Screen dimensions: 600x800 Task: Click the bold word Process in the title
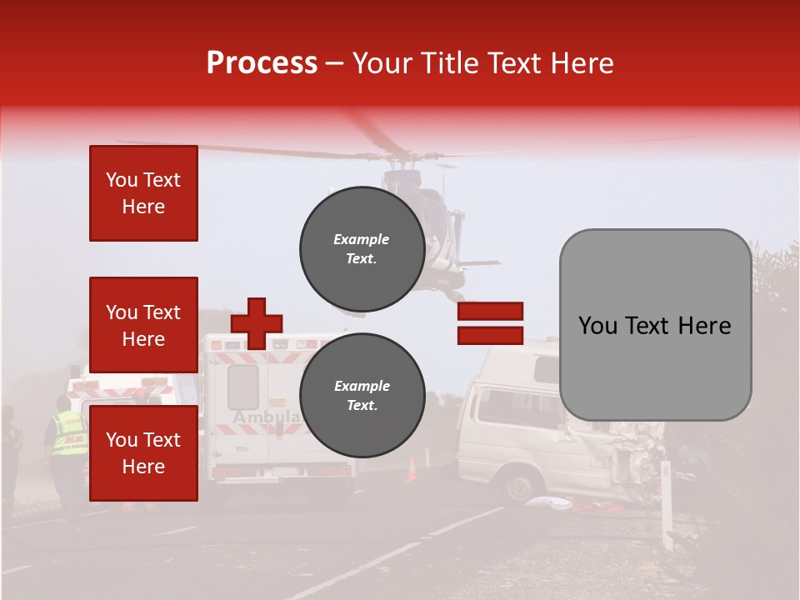click(x=262, y=63)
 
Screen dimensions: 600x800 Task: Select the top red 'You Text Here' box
click(x=143, y=193)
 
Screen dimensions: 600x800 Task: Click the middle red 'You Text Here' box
click(x=143, y=325)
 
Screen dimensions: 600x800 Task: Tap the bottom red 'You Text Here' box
click(x=143, y=453)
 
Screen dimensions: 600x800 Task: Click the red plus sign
click(x=257, y=323)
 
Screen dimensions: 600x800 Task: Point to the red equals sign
click(x=490, y=323)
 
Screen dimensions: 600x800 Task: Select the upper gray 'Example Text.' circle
click(x=362, y=248)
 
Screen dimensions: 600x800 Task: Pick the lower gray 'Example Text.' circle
click(x=362, y=395)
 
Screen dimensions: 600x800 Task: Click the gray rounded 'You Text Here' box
click(x=655, y=325)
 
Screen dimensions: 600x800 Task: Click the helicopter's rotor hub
click(x=407, y=157)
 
